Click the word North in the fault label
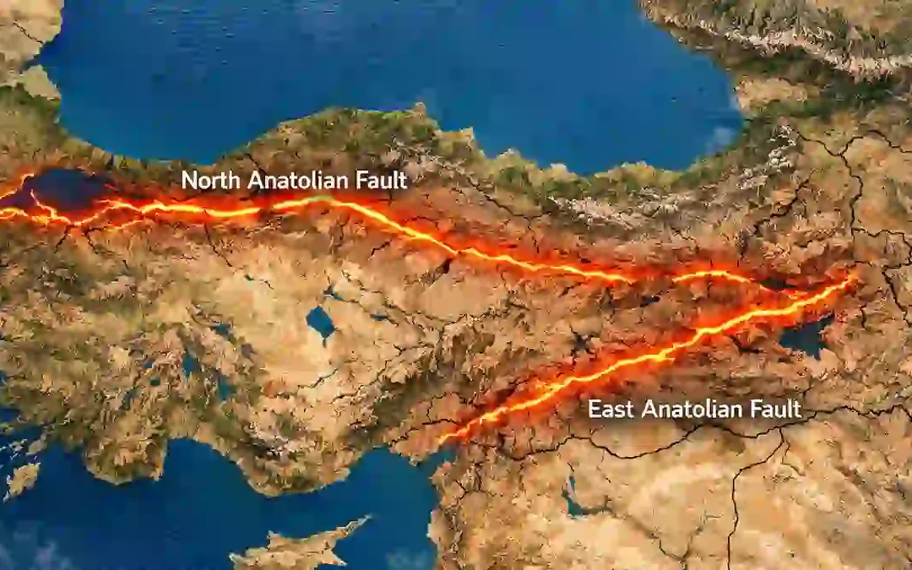[208, 180]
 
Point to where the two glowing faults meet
[853, 279]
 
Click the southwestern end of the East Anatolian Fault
[444, 439]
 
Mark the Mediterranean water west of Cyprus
[127, 524]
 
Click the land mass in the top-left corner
[25, 34]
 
